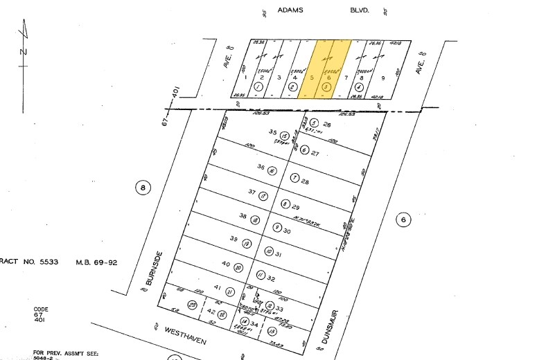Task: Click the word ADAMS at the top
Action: click(290, 11)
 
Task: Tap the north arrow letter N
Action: click(22, 52)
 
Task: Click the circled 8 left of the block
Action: click(142, 187)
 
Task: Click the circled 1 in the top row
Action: click(258, 88)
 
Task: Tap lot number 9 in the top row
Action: click(382, 78)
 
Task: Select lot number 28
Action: click(305, 181)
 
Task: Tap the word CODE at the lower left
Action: click(41, 309)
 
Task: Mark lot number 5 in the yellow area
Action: click(312, 78)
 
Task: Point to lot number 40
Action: click(226, 264)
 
